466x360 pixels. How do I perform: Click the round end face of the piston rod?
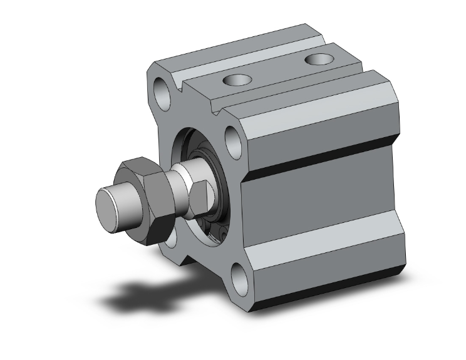pyautogui.click(x=108, y=204)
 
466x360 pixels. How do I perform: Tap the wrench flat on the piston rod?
pyautogui.click(x=199, y=197)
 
